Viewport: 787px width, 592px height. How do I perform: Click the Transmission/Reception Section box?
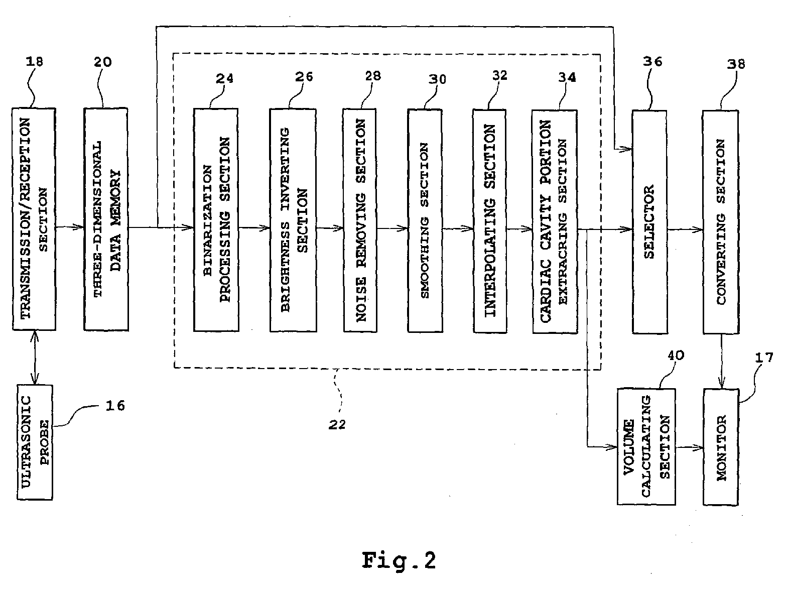(34, 219)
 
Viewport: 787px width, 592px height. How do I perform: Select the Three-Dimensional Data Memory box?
(106, 219)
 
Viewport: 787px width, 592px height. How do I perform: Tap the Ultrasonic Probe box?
(35, 442)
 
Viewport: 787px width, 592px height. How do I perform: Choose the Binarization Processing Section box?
(216, 220)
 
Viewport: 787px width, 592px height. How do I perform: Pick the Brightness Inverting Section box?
(293, 220)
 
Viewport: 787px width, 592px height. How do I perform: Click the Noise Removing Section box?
(360, 220)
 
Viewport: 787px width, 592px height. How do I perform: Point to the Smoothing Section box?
(425, 221)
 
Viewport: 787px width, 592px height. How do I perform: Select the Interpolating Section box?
(490, 221)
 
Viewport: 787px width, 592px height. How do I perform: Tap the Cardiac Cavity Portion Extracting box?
(555, 221)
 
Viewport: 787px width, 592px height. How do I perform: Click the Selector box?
(649, 222)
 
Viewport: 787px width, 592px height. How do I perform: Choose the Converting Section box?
(721, 222)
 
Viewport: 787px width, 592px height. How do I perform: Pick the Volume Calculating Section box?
(646, 447)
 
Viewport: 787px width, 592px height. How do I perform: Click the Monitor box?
(721, 447)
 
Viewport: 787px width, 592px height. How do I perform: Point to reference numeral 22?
(337, 425)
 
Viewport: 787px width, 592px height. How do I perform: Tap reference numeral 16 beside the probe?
(115, 406)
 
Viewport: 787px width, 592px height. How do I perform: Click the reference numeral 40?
(676, 356)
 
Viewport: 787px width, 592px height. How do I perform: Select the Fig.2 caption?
(399, 560)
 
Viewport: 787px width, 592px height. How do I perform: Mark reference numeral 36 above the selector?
(652, 62)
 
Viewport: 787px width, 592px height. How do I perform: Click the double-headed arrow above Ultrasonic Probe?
(35, 358)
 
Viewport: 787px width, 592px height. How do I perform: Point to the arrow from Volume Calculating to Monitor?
(690, 447)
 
